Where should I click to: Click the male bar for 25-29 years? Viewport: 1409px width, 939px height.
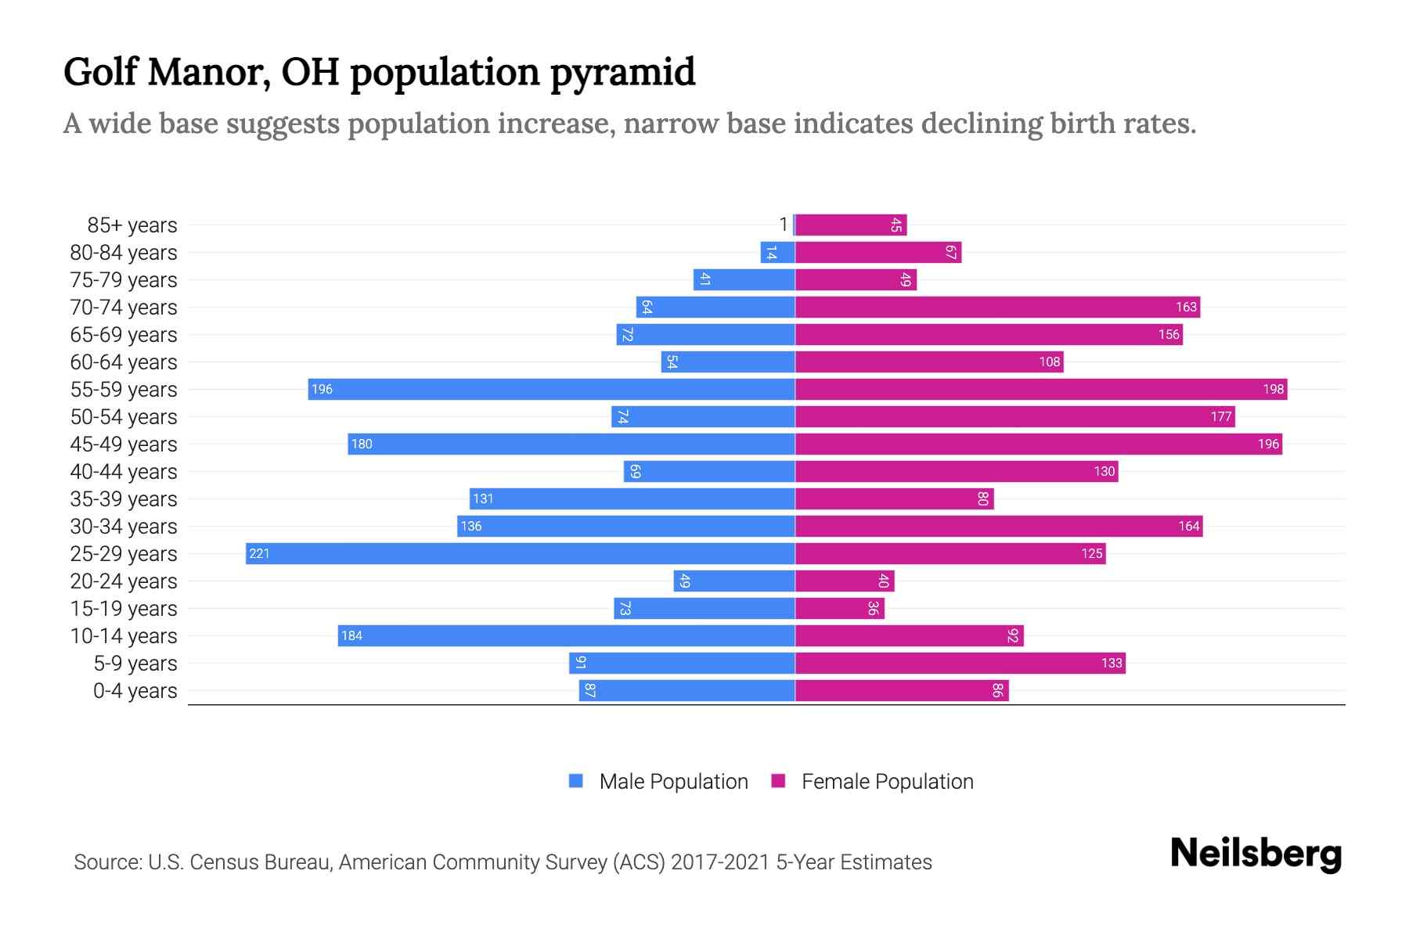tap(521, 553)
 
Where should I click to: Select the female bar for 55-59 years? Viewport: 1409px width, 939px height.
tap(1041, 389)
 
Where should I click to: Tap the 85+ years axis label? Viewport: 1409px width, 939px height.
tap(132, 225)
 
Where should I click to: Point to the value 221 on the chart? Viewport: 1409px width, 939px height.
tap(259, 554)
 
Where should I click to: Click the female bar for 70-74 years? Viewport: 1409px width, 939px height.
tap(997, 307)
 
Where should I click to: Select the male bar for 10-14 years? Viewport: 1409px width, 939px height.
tap(566, 635)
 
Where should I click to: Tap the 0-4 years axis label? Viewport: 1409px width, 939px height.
tap(135, 691)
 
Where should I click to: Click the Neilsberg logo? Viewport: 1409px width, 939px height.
tap(1256, 854)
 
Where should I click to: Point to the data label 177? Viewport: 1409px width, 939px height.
tap(1220, 417)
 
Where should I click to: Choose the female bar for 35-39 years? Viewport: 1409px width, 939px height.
tap(894, 498)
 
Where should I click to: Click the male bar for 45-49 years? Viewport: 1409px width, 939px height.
tap(571, 444)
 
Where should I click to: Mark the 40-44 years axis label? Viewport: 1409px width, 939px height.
tap(124, 472)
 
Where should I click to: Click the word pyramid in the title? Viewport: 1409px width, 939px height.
tap(622, 72)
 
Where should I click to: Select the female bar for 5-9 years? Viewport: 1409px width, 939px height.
tap(960, 663)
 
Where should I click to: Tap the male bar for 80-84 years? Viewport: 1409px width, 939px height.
tap(777, 252)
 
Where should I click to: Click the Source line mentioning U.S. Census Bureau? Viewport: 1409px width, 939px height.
tap(503, 862)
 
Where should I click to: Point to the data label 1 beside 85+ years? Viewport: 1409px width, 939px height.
tap(783, 225)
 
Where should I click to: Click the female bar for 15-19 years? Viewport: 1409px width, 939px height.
tap(839, 608)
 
